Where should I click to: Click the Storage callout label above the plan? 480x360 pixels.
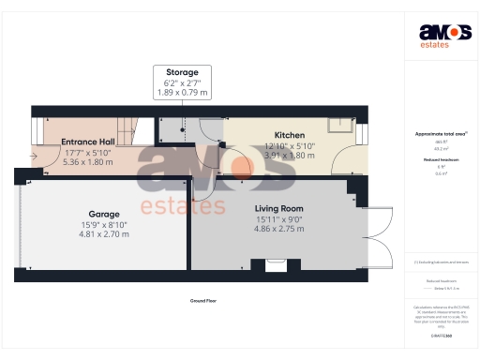pos(182,72)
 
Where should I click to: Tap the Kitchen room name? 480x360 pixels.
pos(263,136)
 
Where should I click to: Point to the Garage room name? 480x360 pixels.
pos(104,214)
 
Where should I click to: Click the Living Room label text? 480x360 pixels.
pos(278,208)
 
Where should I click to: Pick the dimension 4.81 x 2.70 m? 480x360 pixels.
pos(104,233)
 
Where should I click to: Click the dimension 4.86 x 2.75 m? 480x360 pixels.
pos(278,228)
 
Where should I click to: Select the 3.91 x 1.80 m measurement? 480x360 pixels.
pos(263,156)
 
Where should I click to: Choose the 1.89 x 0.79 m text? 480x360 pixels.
pos(182,92)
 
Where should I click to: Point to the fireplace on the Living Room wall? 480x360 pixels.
pos(278,265)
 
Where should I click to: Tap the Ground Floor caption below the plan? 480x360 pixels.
pos(203,301)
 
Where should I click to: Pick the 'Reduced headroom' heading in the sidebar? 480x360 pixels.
pos(441,160)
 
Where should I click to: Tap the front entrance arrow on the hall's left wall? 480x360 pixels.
pos(35,156)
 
